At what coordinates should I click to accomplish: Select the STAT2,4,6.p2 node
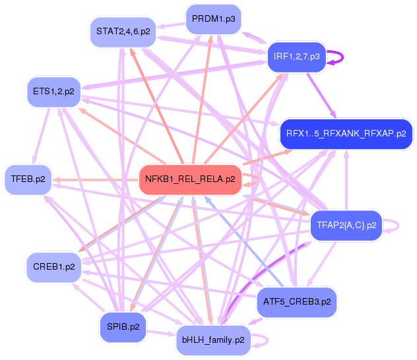(x=123, y=31)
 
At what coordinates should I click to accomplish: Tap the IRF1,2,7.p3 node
(x=296, y=57)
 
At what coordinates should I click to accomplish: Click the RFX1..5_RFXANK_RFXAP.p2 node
(x=346, y=134)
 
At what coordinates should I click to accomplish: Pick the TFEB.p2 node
(x=28, y=179)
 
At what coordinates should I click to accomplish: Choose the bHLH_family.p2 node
(x=213, y=340)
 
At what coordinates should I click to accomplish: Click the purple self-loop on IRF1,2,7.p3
(x=338, y=57)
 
